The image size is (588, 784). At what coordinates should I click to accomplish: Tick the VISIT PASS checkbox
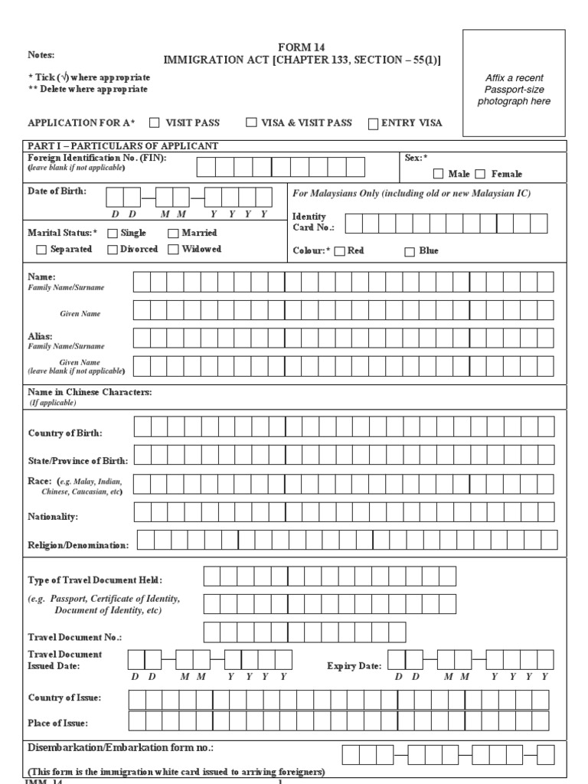pos(154,122)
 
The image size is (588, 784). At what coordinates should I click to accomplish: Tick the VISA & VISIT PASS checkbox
pos(251,122)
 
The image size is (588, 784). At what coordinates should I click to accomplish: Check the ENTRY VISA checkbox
pos(374,123)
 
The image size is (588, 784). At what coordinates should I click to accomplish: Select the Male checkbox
pos(439,175)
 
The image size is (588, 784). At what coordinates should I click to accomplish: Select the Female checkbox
pos(480,175)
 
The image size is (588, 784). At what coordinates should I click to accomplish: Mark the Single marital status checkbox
pos(113,234)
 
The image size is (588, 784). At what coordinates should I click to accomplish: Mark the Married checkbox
pos(174,234)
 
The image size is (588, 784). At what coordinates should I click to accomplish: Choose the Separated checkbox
pos(41,250)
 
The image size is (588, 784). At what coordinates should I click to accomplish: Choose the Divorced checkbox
pos(113,250)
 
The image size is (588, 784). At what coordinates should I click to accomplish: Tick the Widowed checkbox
pos(174,250)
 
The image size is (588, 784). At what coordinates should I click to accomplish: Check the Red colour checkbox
pos(340,251)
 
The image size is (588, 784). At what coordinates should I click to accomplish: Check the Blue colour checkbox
pos(409,251)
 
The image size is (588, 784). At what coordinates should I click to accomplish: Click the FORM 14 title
pos(302,47)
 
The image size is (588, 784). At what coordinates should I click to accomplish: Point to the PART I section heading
pos(123,146)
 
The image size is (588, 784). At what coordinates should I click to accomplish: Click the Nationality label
pos(53,517)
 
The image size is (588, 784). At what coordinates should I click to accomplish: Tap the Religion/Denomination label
pos(78,545)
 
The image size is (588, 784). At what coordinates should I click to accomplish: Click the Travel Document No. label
pos(75,637)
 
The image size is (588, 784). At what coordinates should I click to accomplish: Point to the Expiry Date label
pos(354,666)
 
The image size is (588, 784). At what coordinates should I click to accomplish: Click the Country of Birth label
pos(65,433)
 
